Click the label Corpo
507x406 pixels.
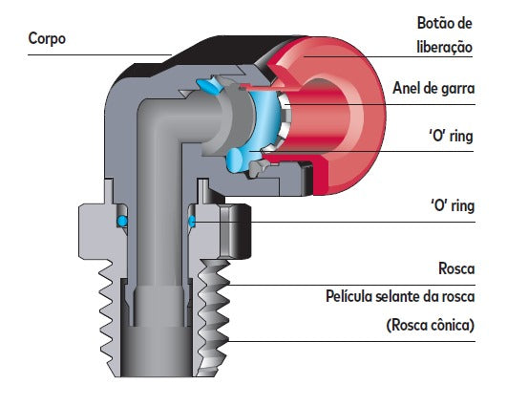[47, 38]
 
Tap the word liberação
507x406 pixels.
[445, 47]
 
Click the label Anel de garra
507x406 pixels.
[433, 88]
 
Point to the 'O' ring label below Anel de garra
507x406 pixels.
[451, 136]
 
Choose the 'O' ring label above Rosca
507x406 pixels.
[453, 205]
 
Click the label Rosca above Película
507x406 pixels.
[456, 268]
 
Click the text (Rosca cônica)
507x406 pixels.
[431, 325]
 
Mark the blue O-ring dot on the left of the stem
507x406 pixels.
[122, 222]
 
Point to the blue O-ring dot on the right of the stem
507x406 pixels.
[192, 222]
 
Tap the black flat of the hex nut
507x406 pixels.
[236, 231]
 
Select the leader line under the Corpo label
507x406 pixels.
[99, 54]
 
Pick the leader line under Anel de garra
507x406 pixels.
[379, 104]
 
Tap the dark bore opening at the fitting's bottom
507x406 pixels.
[157, 352]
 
